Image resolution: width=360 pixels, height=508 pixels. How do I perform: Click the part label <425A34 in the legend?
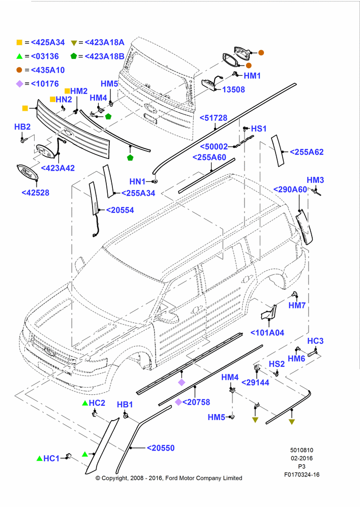coord(48,43)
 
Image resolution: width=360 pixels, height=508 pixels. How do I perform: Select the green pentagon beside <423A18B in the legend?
coord(74,56)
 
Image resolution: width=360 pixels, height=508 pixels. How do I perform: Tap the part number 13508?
coord(233,90)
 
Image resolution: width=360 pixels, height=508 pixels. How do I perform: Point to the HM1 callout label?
coord(252,76)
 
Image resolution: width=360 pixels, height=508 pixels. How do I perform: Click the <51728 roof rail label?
coord(214,118)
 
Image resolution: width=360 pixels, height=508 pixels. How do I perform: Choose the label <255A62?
coord(307,152)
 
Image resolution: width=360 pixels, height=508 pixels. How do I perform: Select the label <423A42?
coord(58,168)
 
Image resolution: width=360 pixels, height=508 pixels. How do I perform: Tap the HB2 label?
coord(22,126)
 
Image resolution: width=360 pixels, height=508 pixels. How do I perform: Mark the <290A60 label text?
coord(290,189)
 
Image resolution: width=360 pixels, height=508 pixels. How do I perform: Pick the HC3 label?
coord(315,341)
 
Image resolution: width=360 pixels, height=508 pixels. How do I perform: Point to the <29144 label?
coord(255,383)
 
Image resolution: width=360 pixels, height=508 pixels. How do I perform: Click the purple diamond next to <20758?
coord(178,402)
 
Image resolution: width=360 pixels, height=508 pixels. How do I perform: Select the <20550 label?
coord(161,448)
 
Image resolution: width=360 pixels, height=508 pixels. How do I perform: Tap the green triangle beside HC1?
coord(40,458)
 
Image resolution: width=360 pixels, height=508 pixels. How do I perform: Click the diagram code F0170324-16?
coord(302,474)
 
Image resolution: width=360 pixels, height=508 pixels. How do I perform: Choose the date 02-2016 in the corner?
coord(302,458)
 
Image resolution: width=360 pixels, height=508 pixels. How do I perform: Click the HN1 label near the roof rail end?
coord(137,182)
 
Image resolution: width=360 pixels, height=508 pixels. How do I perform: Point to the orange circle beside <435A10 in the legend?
coord(19,70)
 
